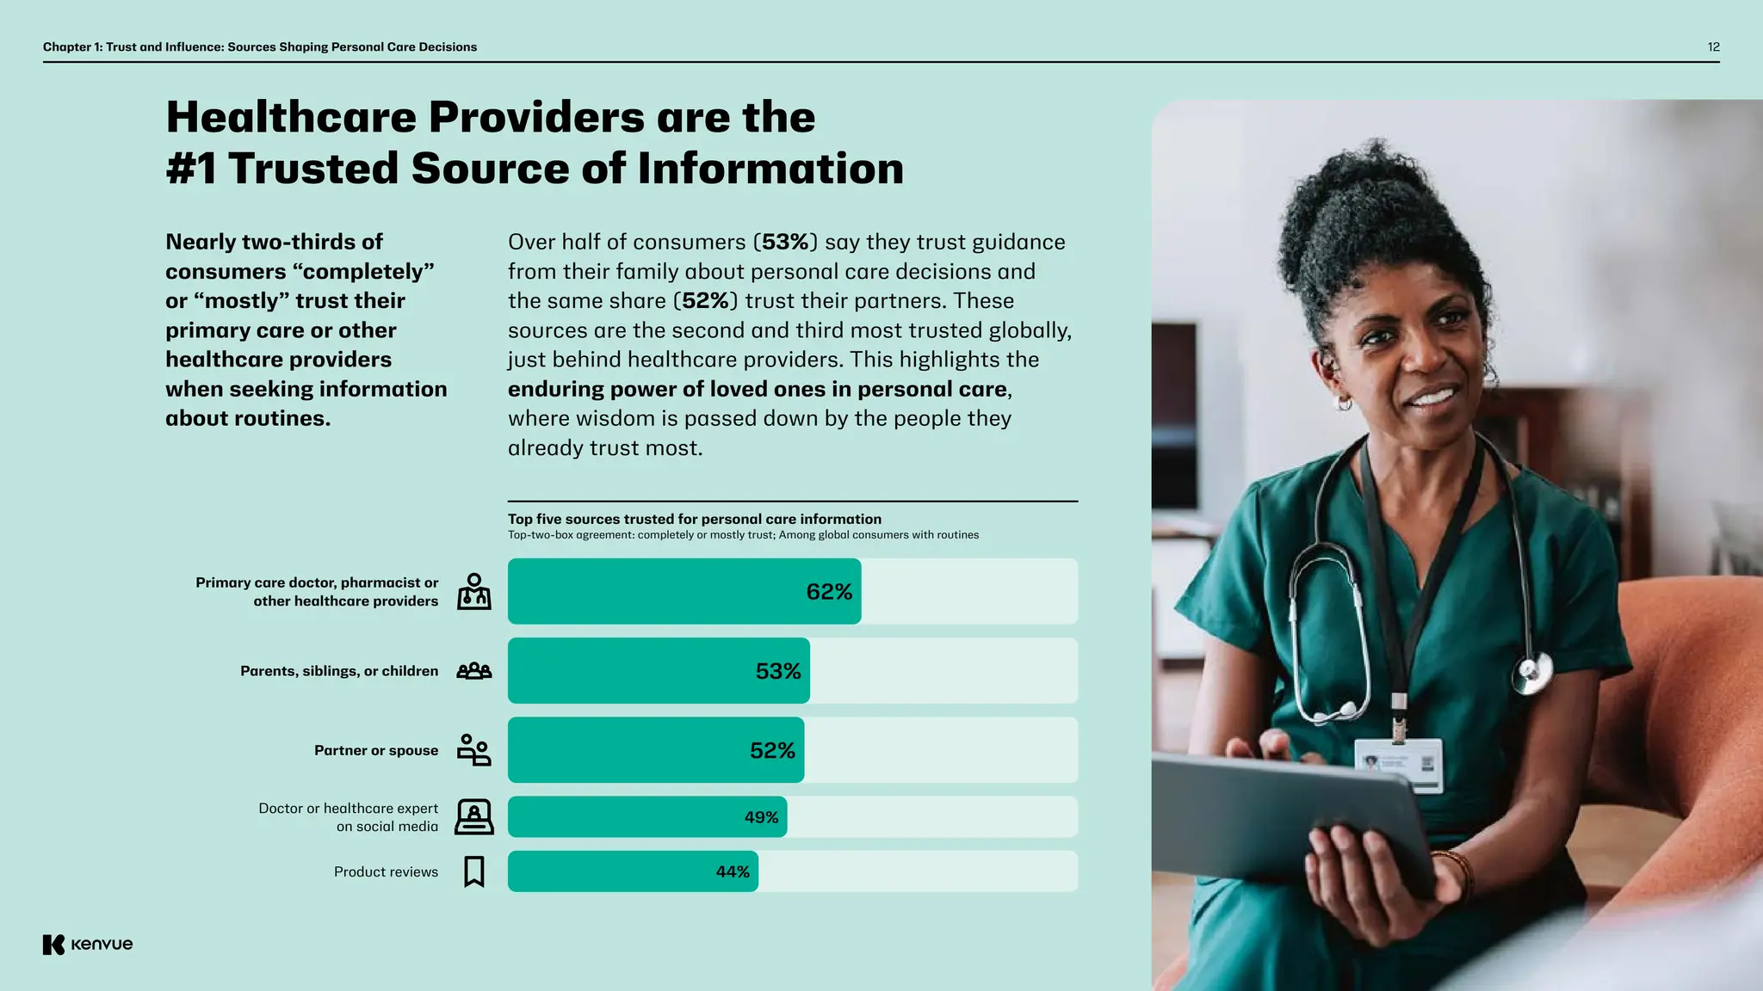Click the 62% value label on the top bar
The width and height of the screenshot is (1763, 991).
pyautogui.click(x=828, y=592)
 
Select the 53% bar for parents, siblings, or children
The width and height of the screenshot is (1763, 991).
pyautogui.click(x=659, y=671)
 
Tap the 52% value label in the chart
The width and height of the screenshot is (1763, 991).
pyautogui.click(x=771, y=751)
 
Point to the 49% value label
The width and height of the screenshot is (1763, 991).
pyautogui.click(x=761, y=817)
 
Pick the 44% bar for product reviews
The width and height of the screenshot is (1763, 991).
pyautogui.click(x=633, y=871)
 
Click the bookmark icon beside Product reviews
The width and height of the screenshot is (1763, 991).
pyautogui.click(x=473, y=871)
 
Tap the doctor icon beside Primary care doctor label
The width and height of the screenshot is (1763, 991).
pyautogui.click(x=473, y=592)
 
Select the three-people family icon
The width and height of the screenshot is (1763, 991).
pyautogui.click(x=473, y=671)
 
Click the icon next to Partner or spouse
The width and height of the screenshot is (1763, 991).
pyautogui.click(x=473, y=750)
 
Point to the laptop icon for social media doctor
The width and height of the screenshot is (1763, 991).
pyautogui.click(x=473, y=817)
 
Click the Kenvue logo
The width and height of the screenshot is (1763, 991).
pyautogui.click(x=88, y=945)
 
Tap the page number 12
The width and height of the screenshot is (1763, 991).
pyautogui.click(x=1713, y=47)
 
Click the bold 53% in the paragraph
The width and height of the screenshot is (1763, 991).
pyautogui.click(x=785, y=243)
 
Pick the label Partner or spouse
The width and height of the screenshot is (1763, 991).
pyautogui.click(x=376, y=751)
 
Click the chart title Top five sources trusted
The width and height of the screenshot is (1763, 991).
pyautogui.click(x=694, y=519)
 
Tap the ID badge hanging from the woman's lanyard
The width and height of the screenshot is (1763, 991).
pyautogui.click(x=1398, y=764)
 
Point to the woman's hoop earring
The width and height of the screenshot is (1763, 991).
pyautogui.click(x=1344, y=402)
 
